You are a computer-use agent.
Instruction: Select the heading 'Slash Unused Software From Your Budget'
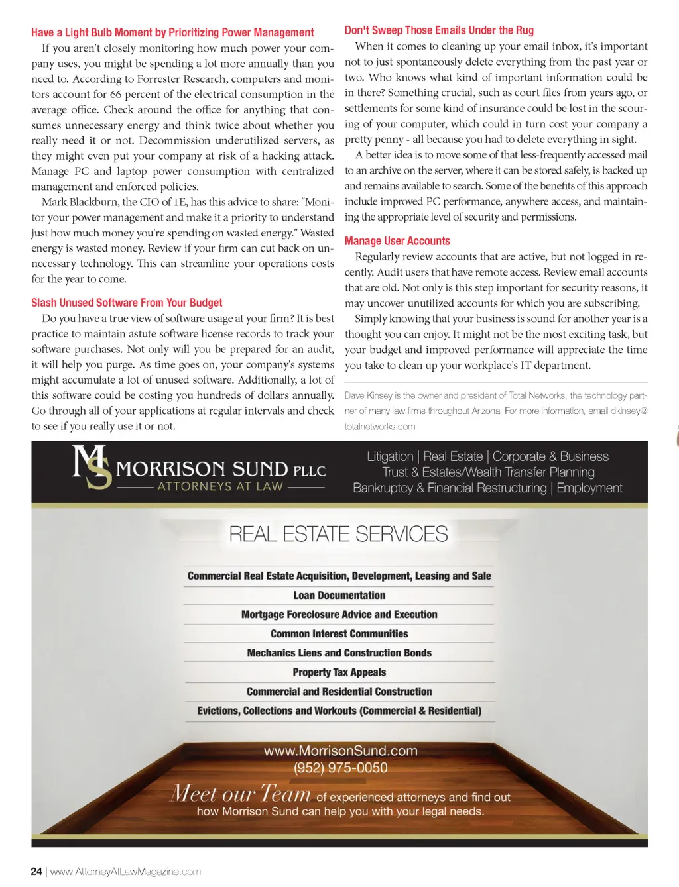pos(127,303)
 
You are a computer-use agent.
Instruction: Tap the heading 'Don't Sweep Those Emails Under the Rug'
pos(439,30)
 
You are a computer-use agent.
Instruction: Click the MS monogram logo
pos(92,467)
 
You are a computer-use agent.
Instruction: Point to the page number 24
pos(36,872)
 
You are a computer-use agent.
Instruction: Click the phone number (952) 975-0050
pos(340,768)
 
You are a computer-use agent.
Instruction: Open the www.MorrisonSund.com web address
pos(340,751)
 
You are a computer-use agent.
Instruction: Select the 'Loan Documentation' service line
pos(339,596)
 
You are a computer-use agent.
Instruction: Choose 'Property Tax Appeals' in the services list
pos(339,672)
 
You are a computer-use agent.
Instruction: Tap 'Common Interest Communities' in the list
pos(339,634)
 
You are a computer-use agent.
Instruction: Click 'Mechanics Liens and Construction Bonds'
pos(339,653)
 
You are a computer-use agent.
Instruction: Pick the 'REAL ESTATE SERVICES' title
pos(338,534)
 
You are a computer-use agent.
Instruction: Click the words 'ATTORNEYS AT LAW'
pos(220,486)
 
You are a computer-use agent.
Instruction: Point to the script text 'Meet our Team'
pos(240,794)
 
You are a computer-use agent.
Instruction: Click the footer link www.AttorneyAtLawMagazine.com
pos(125,872)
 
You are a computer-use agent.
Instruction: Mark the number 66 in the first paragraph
pos(115,94)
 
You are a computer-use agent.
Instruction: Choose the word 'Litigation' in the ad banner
pos(390,456)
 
